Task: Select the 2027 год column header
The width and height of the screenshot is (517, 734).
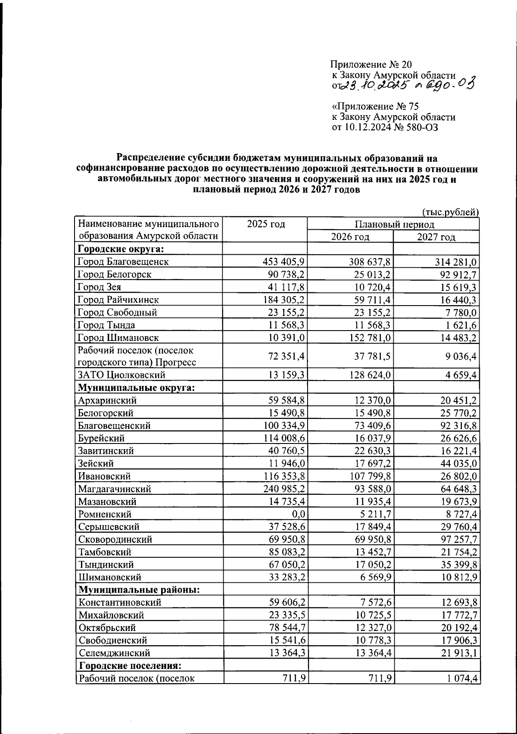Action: (x=436, y=237)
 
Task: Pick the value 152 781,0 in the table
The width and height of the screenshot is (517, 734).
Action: (x=370, y=337)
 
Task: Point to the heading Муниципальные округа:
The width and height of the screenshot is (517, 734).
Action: (x=137, y=387)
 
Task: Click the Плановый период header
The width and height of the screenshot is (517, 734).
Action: (x=394, y=224)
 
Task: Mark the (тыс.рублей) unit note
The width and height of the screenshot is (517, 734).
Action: (x=450, y=212)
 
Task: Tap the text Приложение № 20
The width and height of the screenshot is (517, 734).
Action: (x=371, y=65)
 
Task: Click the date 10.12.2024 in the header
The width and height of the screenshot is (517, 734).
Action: (x=368, y=128)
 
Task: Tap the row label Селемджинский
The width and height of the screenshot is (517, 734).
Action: (x=114, y=653)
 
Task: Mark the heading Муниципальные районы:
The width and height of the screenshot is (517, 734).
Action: (x=138, y=590)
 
